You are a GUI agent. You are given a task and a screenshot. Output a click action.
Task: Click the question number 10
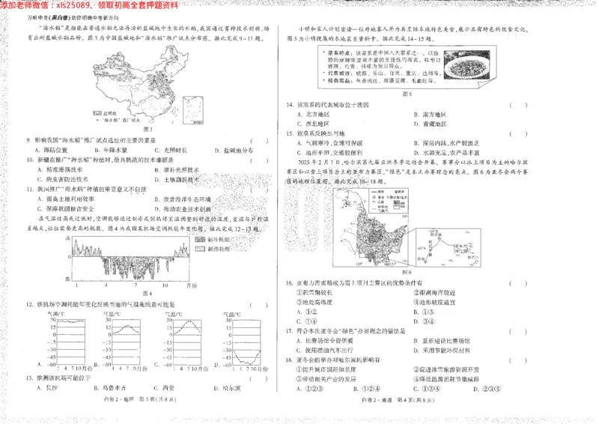pyautogui.click(x=29, y=160)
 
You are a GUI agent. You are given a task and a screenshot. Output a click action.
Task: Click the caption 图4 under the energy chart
pyautogui.click(x=147, y=293)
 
